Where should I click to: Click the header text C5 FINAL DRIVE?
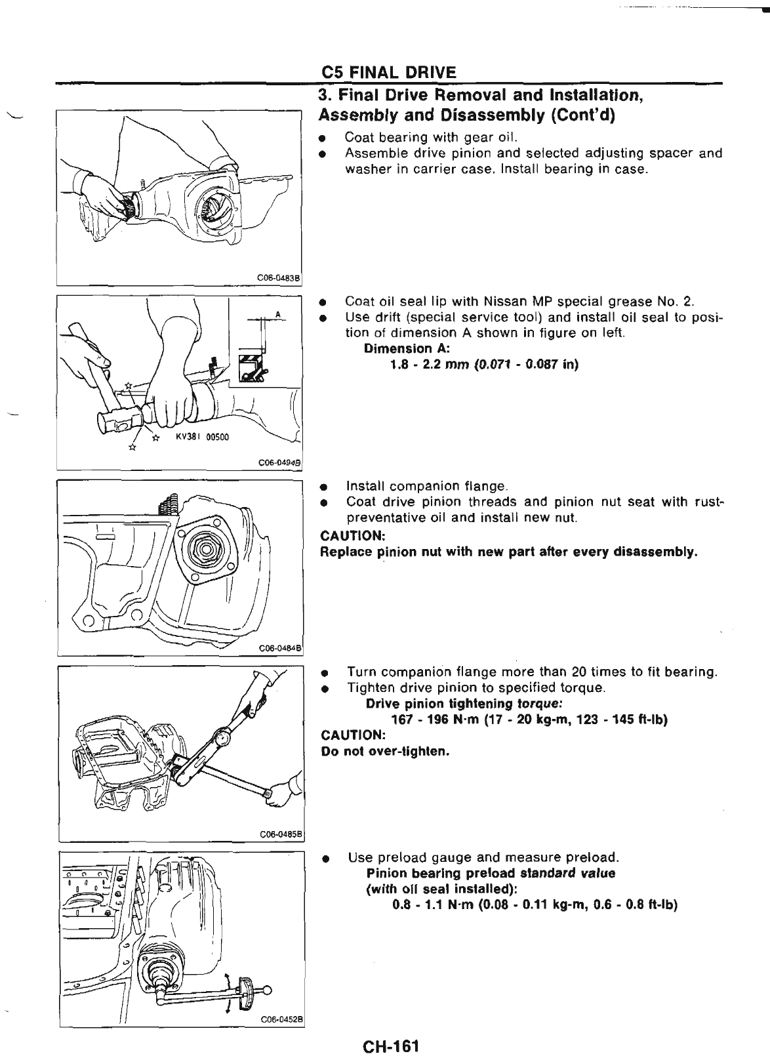coord(388,71)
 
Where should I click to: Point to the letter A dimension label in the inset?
coord(277,314)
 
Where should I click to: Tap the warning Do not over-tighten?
coord(384,751)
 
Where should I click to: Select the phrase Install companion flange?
coord(426,487)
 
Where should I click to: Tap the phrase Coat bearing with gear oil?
coord(431,138)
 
